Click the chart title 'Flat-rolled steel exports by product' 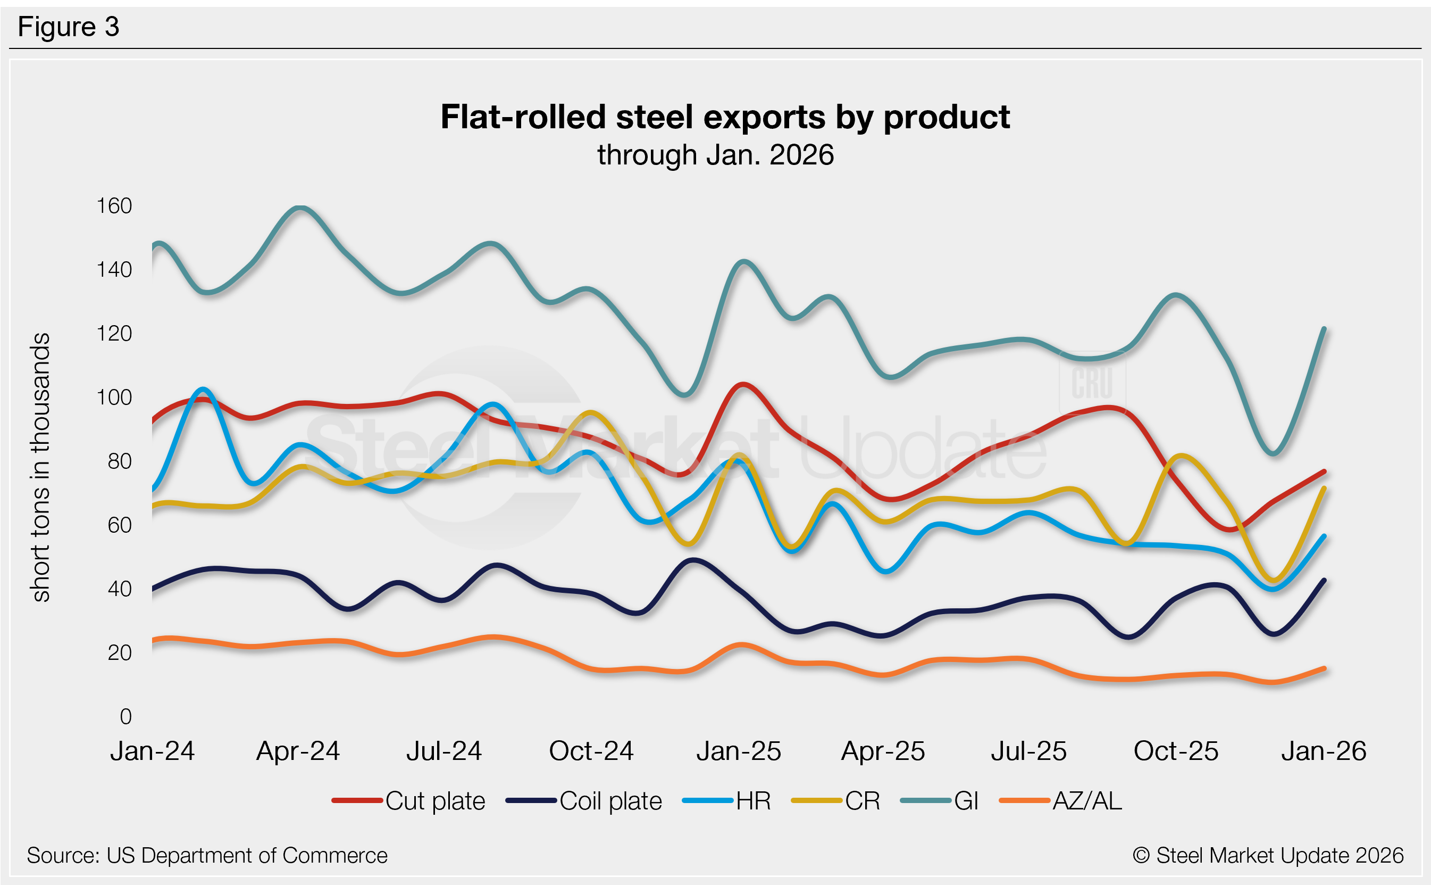[x=725, y=117]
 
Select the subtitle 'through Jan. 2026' [x=715, y=155]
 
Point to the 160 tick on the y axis [x=114, y=206]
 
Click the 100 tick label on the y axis [x=114, y=398]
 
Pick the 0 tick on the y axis [x=125, y=716]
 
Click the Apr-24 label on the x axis [x=298, y=751]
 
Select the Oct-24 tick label [x=591, y=751]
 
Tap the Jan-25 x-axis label [x=739, y=751]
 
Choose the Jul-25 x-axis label [x=1028, y=751]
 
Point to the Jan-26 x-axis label [x=1324, y=751]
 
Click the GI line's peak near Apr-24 [x=300, y=208]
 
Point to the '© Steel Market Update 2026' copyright [x=1268, y=856]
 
